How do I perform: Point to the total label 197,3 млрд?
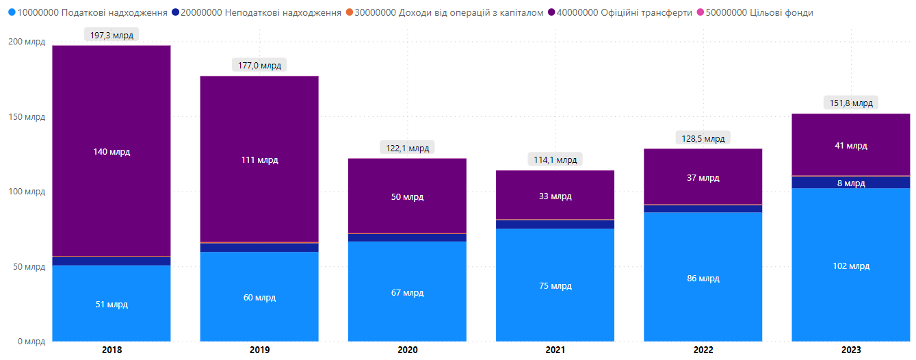click(112, 34)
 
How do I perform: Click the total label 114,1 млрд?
click(555, 159)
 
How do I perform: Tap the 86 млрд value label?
click(703, 279)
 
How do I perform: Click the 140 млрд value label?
click(112, 151)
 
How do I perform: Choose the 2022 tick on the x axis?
click(703, 350)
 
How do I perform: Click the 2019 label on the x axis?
click(259, 350)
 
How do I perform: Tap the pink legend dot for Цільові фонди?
click(700, 12)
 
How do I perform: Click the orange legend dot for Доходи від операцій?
click(350, 12)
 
